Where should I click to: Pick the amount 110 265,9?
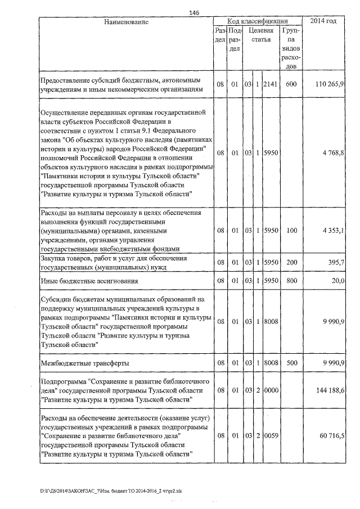(x=330, y=84)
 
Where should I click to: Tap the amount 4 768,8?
(x=334, y=152)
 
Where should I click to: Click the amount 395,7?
(x=337, y=263)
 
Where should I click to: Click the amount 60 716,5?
(x=332, y=436)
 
